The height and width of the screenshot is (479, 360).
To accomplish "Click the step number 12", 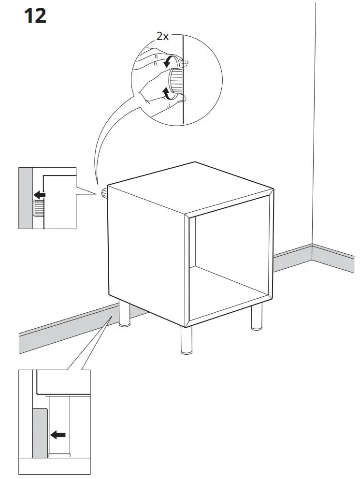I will click(x=35, y=16).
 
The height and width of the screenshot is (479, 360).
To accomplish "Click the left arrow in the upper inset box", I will click(x=39, y=195).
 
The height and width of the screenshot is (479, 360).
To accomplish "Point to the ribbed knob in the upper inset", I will click(x=38, y=209).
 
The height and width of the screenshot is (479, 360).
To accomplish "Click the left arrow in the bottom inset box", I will click(x=58, y=421).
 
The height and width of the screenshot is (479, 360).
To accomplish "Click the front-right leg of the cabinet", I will click(x=257, y=317).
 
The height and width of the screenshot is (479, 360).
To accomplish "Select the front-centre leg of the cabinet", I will click(x=186, y=340).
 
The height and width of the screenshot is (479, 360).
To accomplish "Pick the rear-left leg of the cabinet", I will click(x=125, y=314).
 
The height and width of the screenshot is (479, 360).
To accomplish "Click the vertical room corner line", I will click(x=314, y=121).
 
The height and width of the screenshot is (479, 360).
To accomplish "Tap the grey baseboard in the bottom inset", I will click(x=39, y=433).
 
